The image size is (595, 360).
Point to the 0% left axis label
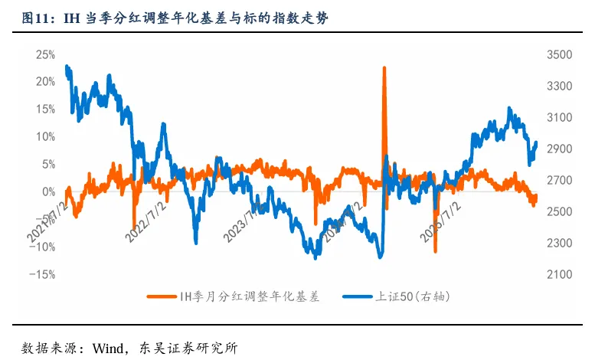tap(47, 191)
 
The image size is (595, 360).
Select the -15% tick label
tap(43, 274)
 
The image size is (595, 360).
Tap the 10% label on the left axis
tap(45, 136)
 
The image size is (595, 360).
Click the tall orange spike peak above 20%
tap(384, 68)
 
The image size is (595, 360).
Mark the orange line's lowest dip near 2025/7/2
tap(435, 250)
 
